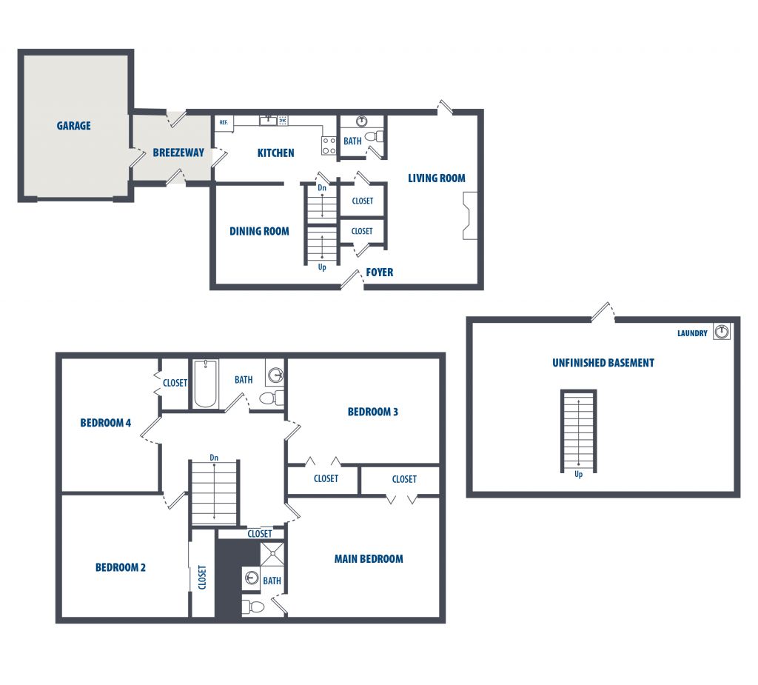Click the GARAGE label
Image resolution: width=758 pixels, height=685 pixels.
(x=73, y=126)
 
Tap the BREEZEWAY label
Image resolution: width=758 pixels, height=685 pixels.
(x=178, y=153)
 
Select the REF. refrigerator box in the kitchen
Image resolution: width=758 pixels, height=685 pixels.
(x=224, y=123)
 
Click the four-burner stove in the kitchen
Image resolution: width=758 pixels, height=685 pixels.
(x=329, y=146)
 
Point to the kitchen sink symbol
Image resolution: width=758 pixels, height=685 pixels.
(x=268, y=120)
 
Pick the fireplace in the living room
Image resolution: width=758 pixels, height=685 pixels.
(x=470, y=215)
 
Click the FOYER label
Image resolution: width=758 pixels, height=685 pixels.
(x=380, y=273)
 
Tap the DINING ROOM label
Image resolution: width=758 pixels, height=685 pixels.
(x=259, y=231)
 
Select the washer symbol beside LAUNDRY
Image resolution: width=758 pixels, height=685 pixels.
(x=722, y=331)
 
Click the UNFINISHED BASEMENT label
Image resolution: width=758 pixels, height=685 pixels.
(x=603, y=363)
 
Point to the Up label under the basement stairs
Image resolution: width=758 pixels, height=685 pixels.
(x=579, y=475)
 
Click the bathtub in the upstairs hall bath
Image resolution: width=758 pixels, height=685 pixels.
(x=206, y=384)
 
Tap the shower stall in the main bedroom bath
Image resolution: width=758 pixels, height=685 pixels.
(x=272, y=555)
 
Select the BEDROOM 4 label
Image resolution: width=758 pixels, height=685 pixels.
(x=105, y=424)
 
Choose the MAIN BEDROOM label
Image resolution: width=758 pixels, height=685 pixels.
(x=369, y=559)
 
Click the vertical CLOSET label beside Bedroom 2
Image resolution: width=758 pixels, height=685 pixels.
(x=202, y=577)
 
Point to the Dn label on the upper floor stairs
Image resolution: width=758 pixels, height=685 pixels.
(x=214, y=458)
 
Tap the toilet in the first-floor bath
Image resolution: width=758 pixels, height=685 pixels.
(x=374, y=136)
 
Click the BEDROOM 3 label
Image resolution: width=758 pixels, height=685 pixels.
(x=373, y=412)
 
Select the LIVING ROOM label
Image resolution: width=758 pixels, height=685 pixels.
(x=437, y=178)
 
